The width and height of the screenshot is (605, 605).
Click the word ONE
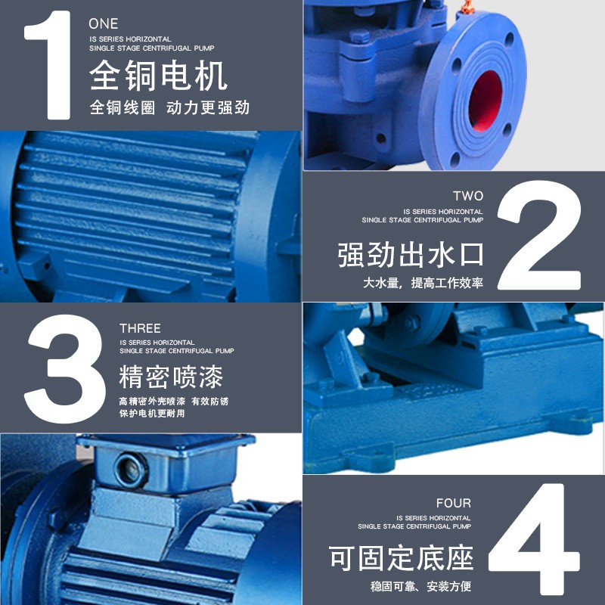(x=104, y=24)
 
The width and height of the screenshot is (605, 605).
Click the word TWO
(x=468, y=196)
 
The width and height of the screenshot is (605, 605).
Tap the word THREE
(x=140, y=328)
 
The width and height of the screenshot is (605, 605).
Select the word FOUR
(x=454, y=503)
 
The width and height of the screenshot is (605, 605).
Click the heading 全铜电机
(x=158, y=76)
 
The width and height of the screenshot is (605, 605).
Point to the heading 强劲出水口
(x=410, y=255)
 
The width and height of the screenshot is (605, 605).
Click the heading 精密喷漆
(x=171, y=375)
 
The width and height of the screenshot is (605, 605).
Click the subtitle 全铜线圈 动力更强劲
(x=169, y=108)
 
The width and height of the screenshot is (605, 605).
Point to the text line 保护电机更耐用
(x=151, y=414)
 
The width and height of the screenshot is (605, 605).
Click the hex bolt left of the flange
(x=361, y=36)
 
